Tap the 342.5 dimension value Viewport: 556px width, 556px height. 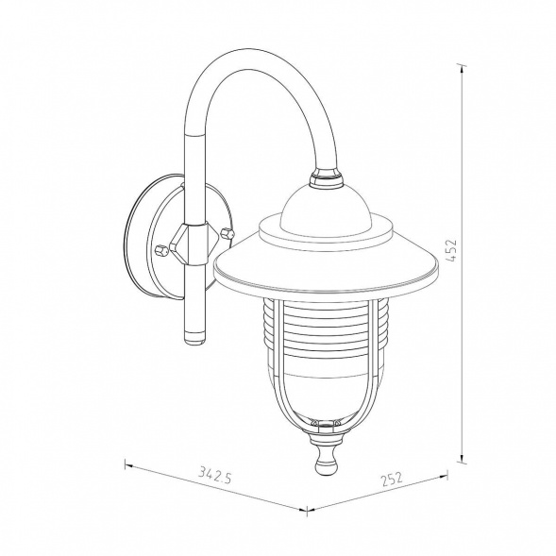click(x=215, y=475)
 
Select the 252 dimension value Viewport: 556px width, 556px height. click(x=392, y=479)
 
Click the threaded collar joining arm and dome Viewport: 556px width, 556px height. click(x=327, y=178)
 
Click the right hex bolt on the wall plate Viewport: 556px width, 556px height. click(x=227, y=234)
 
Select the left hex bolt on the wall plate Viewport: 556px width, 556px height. click(x=161, y=250)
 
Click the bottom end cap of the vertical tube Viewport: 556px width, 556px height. click(x=194, y=337)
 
